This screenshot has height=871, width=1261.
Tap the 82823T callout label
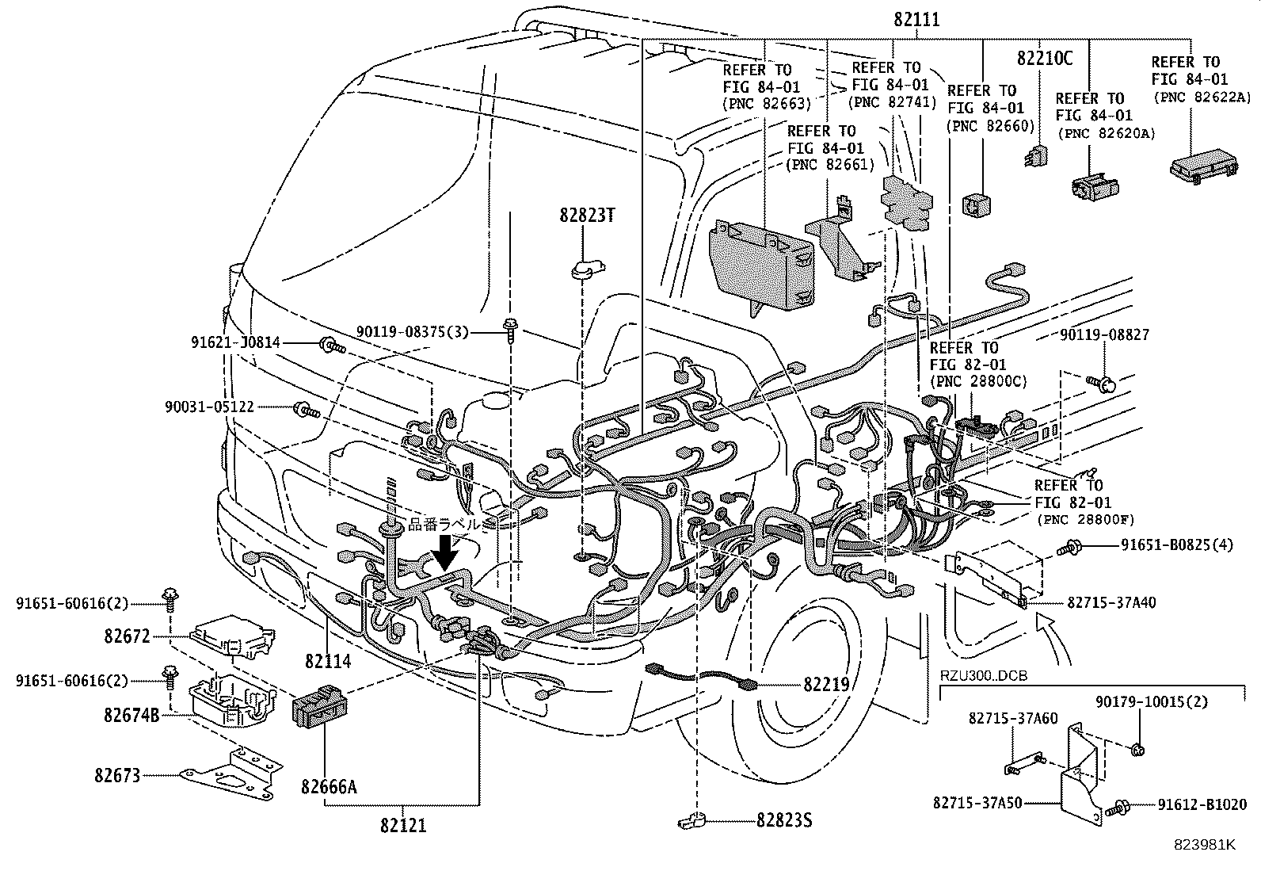pyautogui.click(x=586, y=216)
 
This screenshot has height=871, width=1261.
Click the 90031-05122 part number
pyautogui.click(x=210, y=407)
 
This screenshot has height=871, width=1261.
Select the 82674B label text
pyautogui.click(x=131, y=715)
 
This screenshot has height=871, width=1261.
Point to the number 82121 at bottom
pyautogui.click(x=402, y=825)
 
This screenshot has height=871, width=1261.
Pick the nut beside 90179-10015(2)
pyautogui.click(x=1139, y=749)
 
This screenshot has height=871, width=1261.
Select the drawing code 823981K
pyautogui.click(x=1205, y=845)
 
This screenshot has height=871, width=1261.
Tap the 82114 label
pyautogui.click(x=327, y=659)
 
